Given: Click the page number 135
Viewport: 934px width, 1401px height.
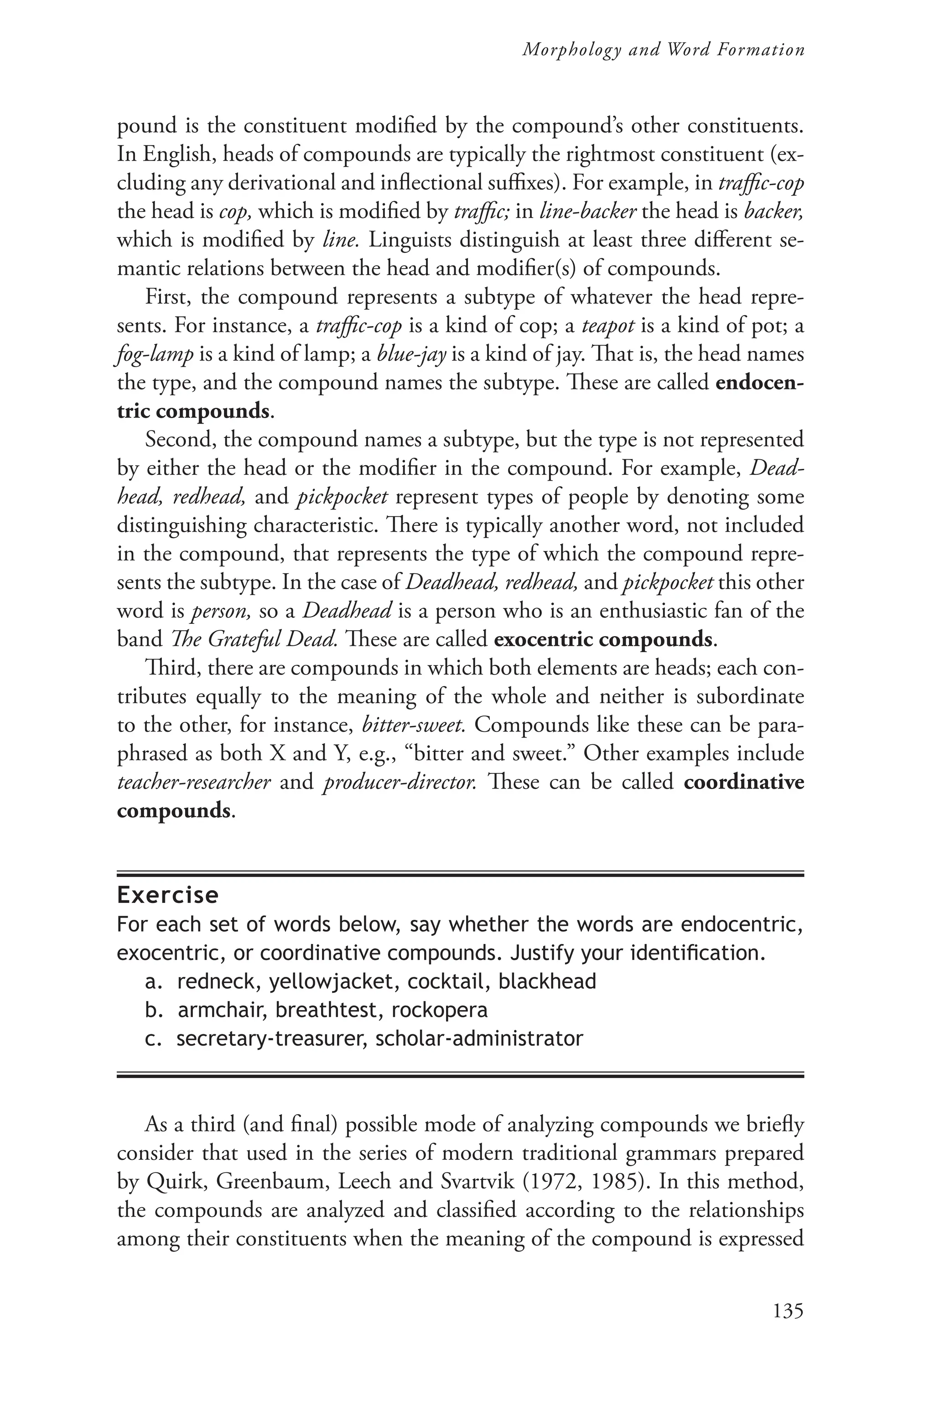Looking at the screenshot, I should [x=788, y=1310].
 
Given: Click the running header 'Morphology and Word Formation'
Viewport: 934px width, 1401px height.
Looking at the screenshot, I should [x=663, y=50].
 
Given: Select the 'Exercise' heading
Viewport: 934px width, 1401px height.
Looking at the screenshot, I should [x=167, y=895].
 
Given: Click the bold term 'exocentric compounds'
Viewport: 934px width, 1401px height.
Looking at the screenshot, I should [x=603, y=639].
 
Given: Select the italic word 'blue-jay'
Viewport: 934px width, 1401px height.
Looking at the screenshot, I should [x=412, y=354].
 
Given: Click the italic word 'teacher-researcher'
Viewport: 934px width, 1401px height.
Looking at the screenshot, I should [x=193, y=782].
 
